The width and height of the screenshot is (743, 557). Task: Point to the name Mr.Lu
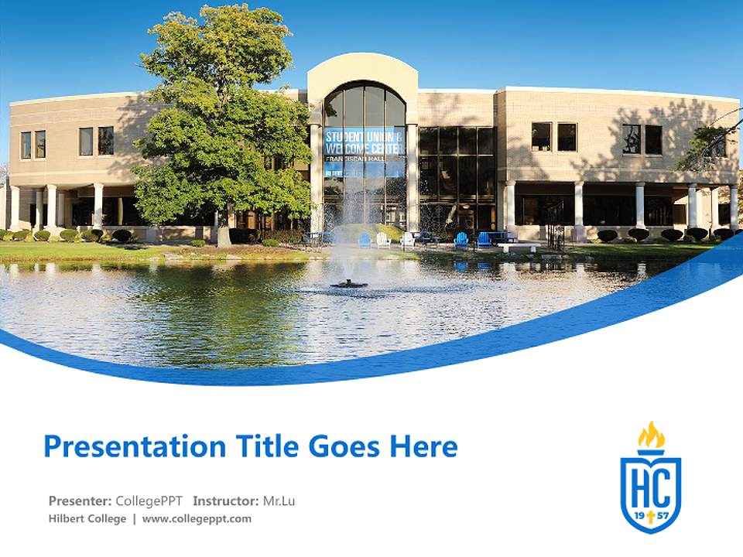279,501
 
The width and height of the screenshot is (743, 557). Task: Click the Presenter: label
80,501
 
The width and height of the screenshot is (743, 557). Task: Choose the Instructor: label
226,501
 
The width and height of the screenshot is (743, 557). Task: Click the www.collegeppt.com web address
197,518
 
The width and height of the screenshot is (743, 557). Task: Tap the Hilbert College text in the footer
87,518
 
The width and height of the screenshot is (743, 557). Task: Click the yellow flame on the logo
651,436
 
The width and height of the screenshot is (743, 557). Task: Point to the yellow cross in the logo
651,516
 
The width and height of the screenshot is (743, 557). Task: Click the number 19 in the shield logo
639,514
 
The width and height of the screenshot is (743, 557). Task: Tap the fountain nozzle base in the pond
349,284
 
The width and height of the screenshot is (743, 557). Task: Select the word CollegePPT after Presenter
149,501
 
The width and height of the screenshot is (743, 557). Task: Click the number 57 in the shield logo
663,514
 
